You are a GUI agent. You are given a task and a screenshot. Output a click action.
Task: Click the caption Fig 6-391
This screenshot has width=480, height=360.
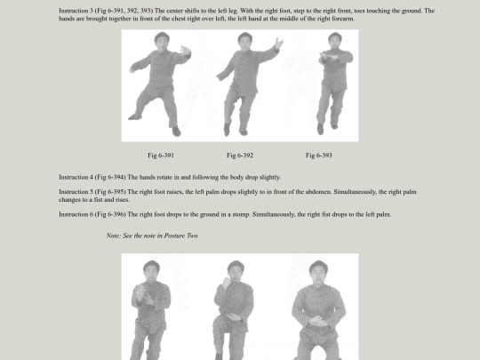pyautogui.click(x=161, y=156)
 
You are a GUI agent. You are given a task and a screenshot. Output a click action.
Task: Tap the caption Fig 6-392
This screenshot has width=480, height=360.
pyautogui.click(x=240, y=156)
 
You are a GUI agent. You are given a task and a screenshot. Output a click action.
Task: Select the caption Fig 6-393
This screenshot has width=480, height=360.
pyautogui.click(x=319, y=156)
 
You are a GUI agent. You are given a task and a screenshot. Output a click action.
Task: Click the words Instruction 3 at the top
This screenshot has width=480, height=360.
pyautogui.click(x=76, y=11)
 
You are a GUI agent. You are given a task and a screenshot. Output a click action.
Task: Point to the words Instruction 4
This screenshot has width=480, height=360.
pyautogui.click(x=76, y=177)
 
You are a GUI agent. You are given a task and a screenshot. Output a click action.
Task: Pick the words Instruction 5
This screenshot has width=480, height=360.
pyautogui.click(x=76, y=192)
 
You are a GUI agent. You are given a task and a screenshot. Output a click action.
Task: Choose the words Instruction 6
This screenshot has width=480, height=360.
pyautogui.click(x=76, y=214)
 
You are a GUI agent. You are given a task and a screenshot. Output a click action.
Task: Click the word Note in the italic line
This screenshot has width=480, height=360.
pyautogui.click(x=114, y=236)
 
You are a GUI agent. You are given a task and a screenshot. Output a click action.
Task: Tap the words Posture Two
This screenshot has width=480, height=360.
pyautogui.click(x=181, y=236)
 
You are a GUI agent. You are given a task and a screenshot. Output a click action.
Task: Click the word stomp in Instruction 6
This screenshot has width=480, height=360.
pyautogui.click(x=243, y=214)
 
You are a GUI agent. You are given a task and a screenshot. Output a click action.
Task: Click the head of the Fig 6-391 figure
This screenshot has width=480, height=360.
pyautogui.click(x=162, y=40)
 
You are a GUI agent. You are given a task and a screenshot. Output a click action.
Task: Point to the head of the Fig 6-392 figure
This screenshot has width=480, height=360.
pyautogui.click(x=245, y=40)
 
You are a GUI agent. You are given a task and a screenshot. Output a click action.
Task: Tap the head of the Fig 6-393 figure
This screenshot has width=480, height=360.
pyautogui.click(x=335, y=40)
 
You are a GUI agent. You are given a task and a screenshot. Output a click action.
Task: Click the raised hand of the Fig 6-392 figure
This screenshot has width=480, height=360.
pyautogui.click(x=279, y=44)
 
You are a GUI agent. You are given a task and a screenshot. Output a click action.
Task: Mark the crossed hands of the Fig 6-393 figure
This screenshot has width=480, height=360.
pyautogui.click(x=329, y=58)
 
